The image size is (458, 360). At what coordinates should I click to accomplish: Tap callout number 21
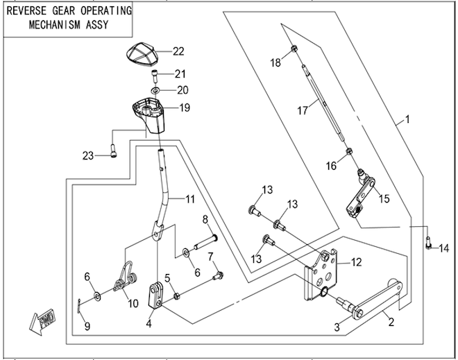180,74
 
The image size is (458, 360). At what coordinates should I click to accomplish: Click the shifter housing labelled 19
152,115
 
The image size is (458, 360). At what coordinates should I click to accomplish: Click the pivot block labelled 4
156,293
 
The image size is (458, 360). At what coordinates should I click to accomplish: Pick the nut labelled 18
294,49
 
